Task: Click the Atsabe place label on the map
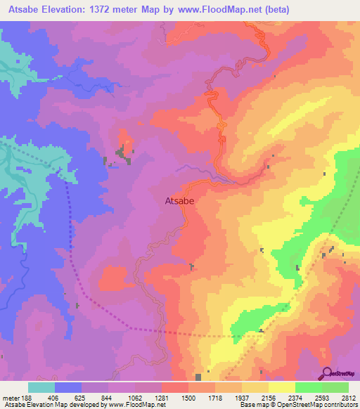pyautogui.click(x=179, y=200)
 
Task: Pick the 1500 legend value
pyautogui.click(x=188, y=397)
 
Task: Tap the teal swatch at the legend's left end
pyautogui.click(x=41, y=387)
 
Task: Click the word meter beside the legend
pyautogui.click(x=9, y=397)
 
